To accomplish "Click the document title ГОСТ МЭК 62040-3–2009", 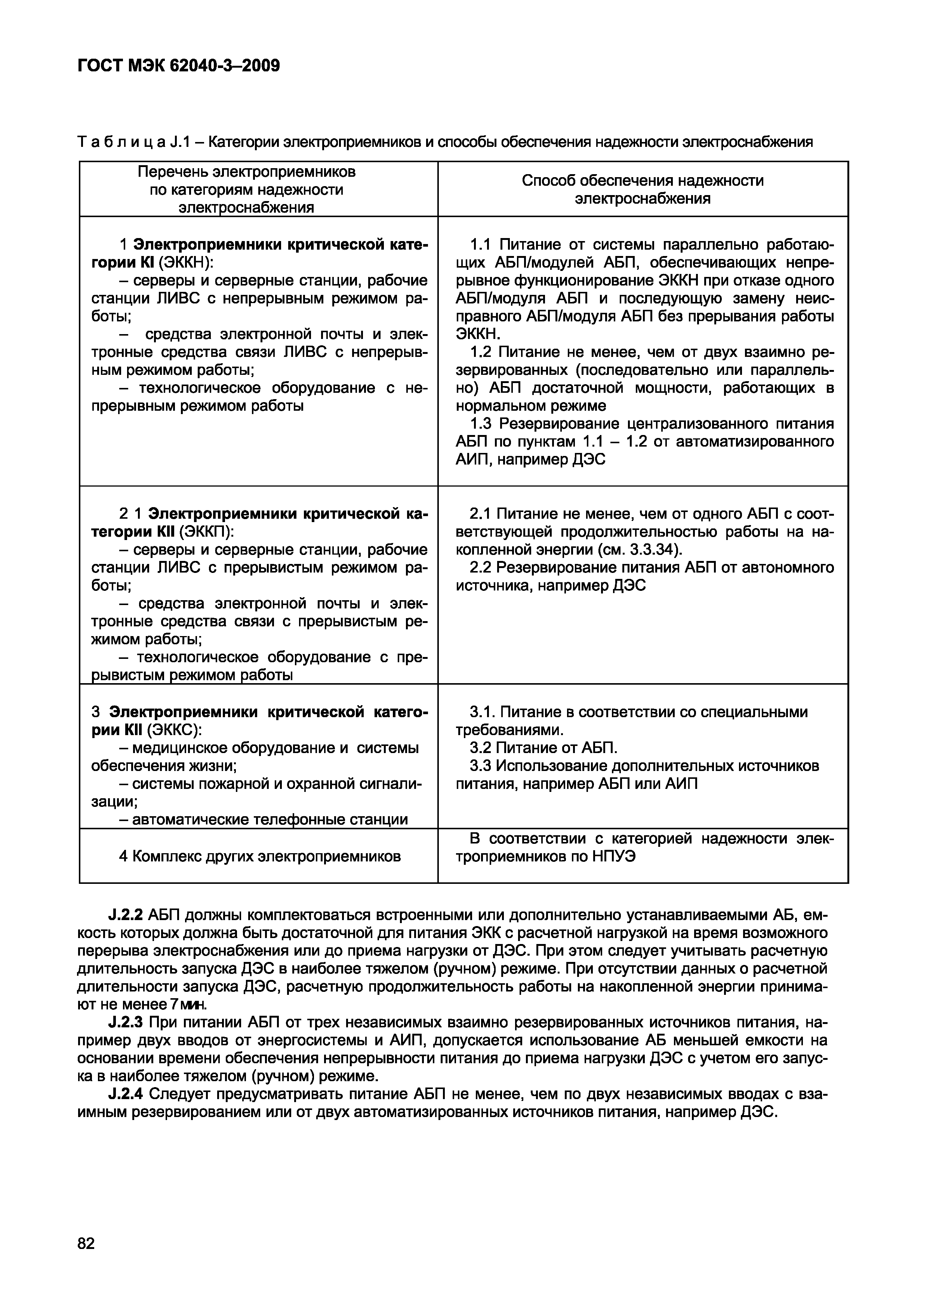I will [178, 66].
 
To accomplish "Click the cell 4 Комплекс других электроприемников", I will [260, 857].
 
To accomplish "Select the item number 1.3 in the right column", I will [481, 424].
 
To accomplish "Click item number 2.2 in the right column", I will [481, 568].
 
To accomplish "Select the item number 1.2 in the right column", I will [481, 352].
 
